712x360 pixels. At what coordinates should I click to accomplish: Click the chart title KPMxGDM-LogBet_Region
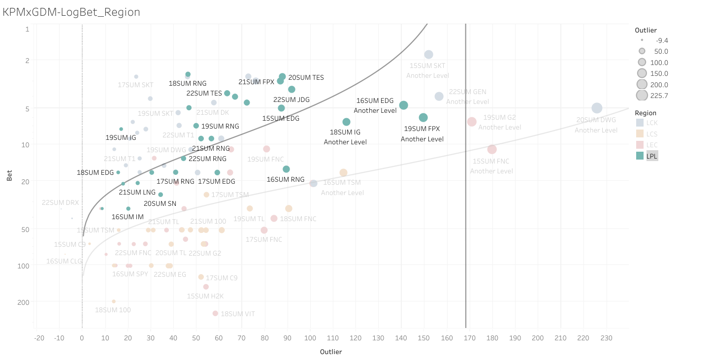(71, 12)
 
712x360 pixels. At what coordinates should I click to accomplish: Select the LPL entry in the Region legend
(652, 156)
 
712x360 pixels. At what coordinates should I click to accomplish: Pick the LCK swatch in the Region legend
(640, 123)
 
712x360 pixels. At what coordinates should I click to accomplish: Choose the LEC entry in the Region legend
(652, 145)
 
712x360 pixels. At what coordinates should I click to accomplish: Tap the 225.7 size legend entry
(642, 96)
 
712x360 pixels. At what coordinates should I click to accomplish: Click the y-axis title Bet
(9, 176)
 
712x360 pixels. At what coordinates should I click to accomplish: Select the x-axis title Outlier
(331, 352)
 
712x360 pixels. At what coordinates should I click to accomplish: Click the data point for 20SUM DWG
(597, 108)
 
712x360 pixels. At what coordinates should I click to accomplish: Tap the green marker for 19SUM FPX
(423, 118)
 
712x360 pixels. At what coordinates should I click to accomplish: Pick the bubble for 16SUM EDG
(404, 105)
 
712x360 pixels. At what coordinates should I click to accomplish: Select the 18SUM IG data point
(347, 122)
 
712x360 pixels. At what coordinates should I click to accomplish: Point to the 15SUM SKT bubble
(429, 55)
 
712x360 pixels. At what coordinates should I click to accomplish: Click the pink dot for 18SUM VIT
(215, 313)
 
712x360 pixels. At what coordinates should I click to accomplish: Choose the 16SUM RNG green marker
(287, 169)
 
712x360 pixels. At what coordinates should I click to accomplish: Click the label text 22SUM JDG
(291, 99)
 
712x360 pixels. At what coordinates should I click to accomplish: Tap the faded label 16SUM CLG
(64, 261)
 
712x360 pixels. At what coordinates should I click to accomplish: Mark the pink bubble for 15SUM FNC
(492, 149)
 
